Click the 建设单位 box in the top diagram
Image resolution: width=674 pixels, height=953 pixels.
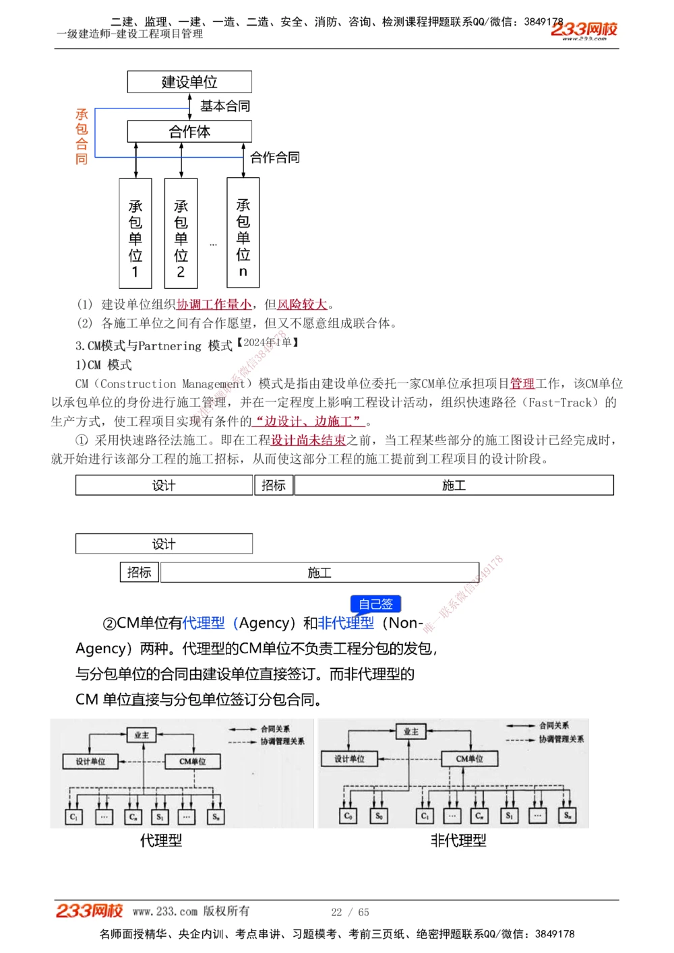tap(189, 82)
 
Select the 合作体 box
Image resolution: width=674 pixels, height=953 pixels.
tap(189, 131)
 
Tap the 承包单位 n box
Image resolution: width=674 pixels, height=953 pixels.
tap(243, 233)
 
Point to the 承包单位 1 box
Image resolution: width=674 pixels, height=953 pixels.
tap(135, 234)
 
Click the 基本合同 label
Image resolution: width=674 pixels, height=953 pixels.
tap(225, 106)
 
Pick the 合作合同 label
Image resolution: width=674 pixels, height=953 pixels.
tap(275, 158)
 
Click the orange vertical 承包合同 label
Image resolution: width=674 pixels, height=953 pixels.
tap(82, 137)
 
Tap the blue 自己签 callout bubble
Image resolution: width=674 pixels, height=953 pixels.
tap(375, 604)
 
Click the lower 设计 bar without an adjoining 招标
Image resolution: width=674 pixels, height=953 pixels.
tap(164, 544)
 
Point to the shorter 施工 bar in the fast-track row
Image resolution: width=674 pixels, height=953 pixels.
tap(319, 572)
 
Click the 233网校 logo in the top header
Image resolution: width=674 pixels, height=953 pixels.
tap(584, 30)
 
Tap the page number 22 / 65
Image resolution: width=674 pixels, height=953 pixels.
tap(350, 912)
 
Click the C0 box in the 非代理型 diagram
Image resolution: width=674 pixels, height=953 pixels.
tap(348, 816)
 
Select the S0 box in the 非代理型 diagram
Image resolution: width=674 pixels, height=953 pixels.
tap(379, 816)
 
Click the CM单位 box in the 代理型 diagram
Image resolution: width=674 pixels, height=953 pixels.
tap(193, 762)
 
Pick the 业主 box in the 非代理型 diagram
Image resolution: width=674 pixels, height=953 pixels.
tap(411, 731)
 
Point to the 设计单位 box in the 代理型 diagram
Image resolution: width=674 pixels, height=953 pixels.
tap(90, 762)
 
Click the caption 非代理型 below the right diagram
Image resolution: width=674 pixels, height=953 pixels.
tap(458, 841)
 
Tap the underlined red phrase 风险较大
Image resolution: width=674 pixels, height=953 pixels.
tap(303, 304)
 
